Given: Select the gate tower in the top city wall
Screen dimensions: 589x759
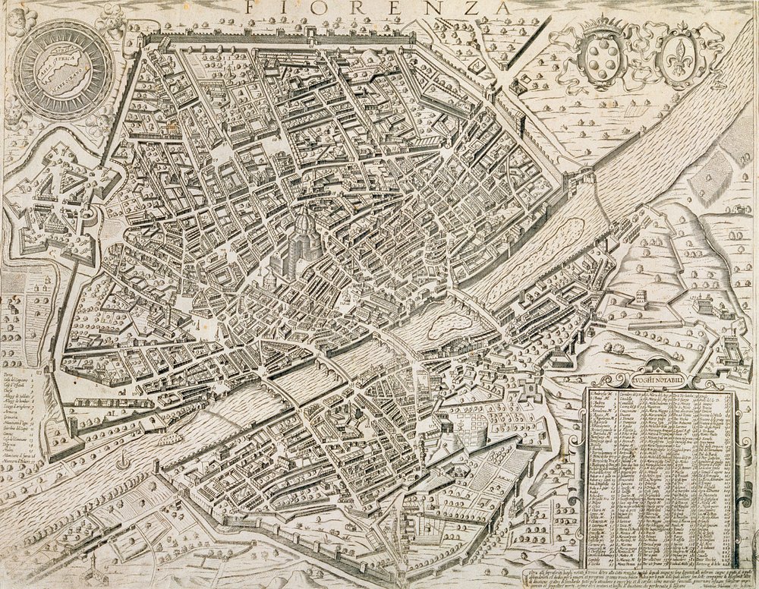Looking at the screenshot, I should point(309,32).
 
